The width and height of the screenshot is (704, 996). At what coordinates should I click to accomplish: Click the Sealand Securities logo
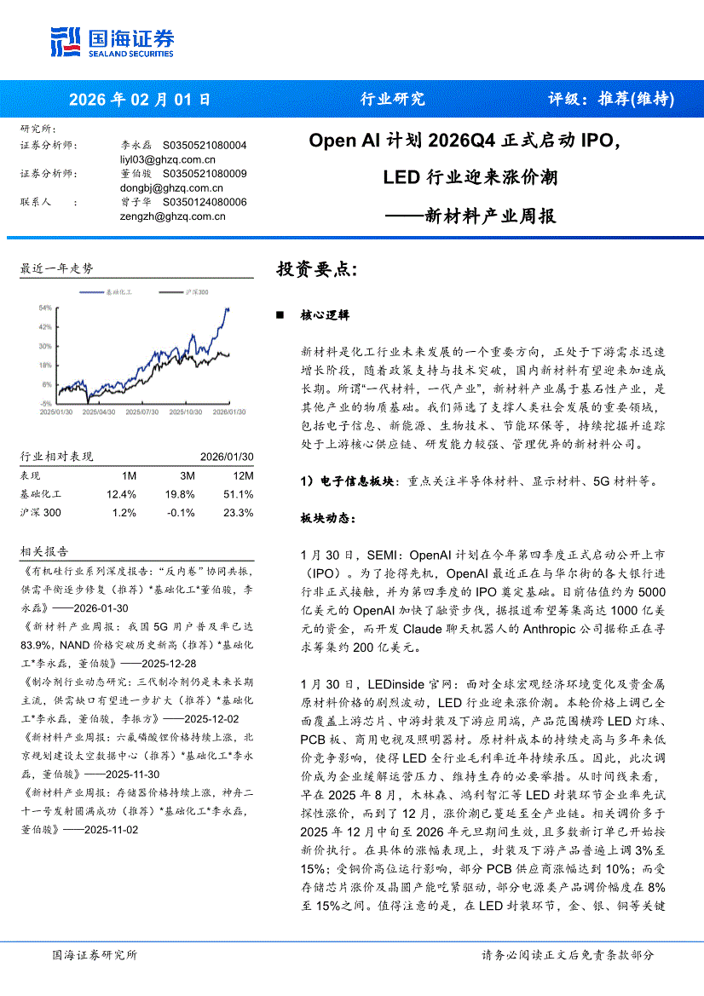tap(112, 41)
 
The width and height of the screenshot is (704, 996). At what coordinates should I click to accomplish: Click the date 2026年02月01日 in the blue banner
tap(138, 99)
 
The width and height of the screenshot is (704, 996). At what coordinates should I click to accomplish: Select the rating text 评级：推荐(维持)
tap(611, 99)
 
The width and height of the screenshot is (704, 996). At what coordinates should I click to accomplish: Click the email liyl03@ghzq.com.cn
tap(168, 158)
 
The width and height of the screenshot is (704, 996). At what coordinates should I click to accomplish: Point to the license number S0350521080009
tap(205, 174)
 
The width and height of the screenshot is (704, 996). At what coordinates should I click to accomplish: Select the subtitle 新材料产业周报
tap(490, 216)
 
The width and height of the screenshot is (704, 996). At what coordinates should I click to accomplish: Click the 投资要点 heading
tap(316, 269)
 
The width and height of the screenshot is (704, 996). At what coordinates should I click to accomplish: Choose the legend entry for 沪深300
tap(196, 292)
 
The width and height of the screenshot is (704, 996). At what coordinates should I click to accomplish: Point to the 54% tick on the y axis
tap(44, 308)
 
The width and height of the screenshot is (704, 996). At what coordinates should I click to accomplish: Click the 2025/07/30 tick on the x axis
tap(141, 411)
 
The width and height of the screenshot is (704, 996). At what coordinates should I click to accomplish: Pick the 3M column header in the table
tap(187, 475)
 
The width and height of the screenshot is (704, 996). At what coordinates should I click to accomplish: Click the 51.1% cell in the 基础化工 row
tap(238, 494)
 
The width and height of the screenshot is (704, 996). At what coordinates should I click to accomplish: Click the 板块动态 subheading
tap(326, 518)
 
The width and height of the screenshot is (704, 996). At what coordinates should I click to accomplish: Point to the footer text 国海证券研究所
tap(94, 954)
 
